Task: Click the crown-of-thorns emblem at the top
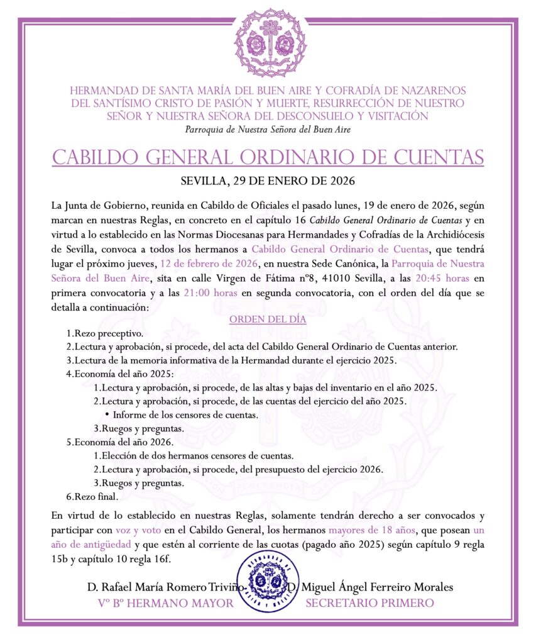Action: [x=268, y=42]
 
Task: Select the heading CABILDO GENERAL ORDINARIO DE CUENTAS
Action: [x=268, y=157]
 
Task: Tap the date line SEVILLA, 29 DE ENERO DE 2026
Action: [x=268, y=182]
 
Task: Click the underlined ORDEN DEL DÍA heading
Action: [x=268, y=319]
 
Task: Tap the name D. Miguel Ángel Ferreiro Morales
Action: [x=370, y=588]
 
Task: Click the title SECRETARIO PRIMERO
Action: [x=369, y=604]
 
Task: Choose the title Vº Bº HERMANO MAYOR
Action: [x=166, y=604]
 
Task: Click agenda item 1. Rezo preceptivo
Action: [x=105, y=333]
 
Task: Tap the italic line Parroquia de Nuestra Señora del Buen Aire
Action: [x=268, y=130]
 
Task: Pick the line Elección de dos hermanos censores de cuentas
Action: [x=194, y=456]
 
